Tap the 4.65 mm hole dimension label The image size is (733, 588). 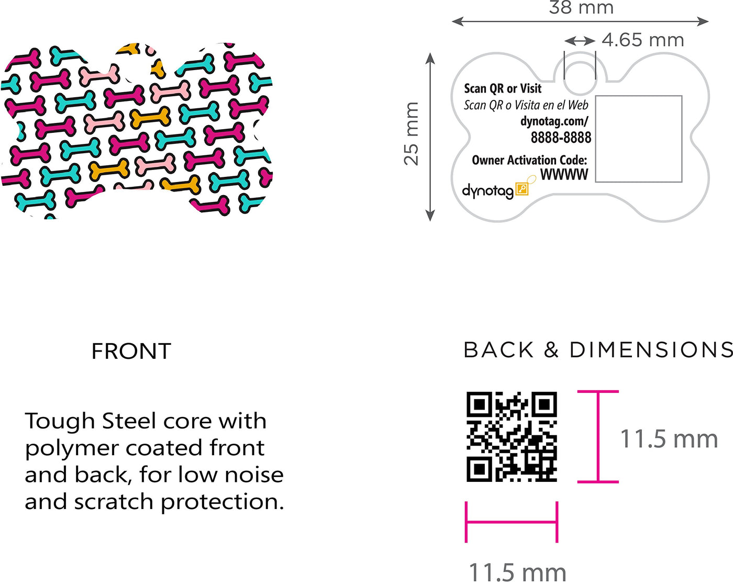(x=643, y=40)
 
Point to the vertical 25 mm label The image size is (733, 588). (x=411, y=134)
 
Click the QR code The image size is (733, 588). (x=512, y=437)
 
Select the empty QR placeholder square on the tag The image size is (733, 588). (x=639, y=139)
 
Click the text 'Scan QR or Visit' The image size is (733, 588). (x=503, y=88)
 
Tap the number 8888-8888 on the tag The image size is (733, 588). (x=561, y=138)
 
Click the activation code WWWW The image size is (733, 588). (x=564, y=174)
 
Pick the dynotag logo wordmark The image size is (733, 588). (x=488, y=191)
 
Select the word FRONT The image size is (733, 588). (x=131, y=351)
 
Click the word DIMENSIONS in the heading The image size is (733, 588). (x=651, y=350)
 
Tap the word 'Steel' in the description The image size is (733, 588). (x=129, y=421)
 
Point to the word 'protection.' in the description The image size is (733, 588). (x=223, y=503)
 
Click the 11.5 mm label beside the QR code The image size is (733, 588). (x=669, y=439)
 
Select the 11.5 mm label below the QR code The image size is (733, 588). (x=517, y=573)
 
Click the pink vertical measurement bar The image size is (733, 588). (x=598, y=437)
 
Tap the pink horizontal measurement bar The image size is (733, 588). (x=512, y=522)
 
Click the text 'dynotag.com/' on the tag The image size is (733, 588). (x=554, y=121)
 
